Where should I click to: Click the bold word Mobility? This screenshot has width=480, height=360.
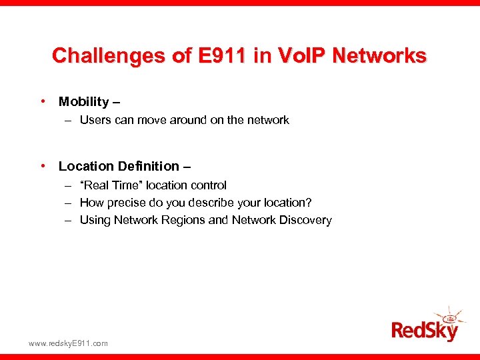pos(83,102)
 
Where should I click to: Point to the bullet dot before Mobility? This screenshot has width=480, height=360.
pos(43,102)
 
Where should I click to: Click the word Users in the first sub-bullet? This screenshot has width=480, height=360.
pos(95,121)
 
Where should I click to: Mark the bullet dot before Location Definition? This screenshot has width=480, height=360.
pos(43,166)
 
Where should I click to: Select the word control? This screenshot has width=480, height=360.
pos(207,185)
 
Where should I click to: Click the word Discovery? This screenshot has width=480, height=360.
pos(306,220)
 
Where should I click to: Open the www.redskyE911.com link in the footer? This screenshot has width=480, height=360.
pos(68,343)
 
